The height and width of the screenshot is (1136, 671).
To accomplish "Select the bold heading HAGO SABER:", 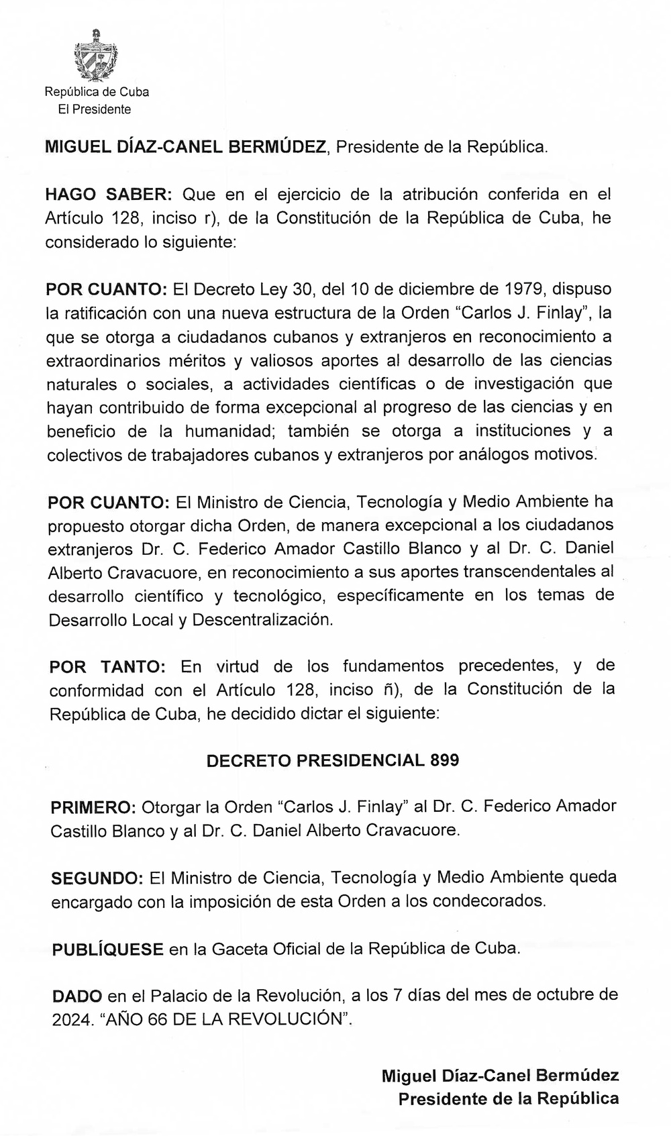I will tap(109, 195).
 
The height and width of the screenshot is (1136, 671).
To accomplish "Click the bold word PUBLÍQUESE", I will tap(107, 949).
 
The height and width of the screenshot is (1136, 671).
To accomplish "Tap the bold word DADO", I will tap(77, 995).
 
